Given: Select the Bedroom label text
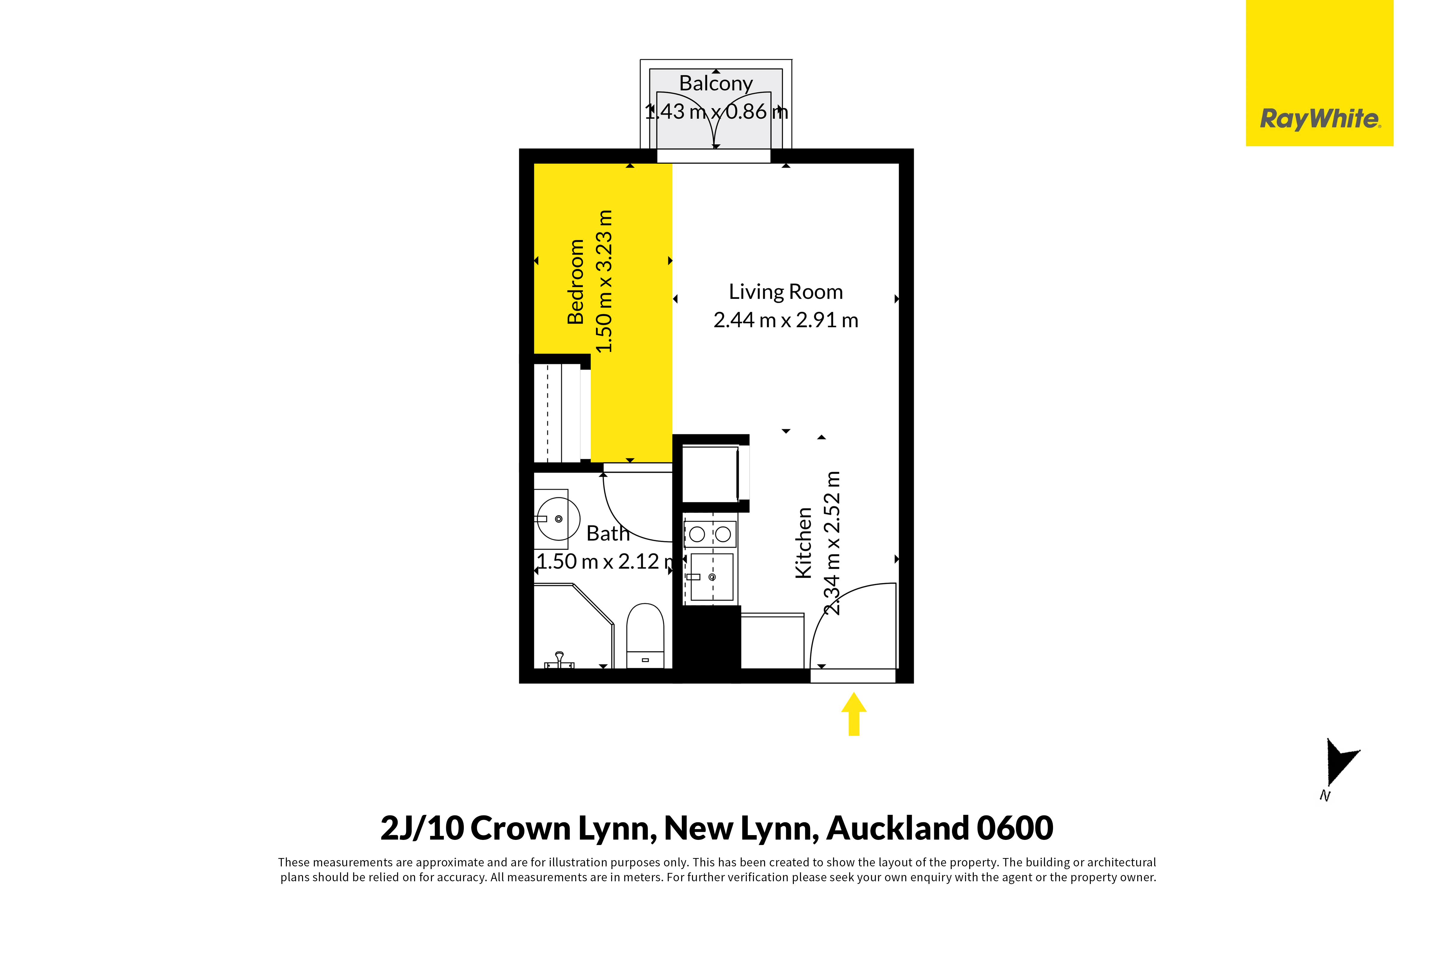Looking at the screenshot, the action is click(575, 282).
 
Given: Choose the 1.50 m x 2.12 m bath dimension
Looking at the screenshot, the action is click(606, 561).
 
